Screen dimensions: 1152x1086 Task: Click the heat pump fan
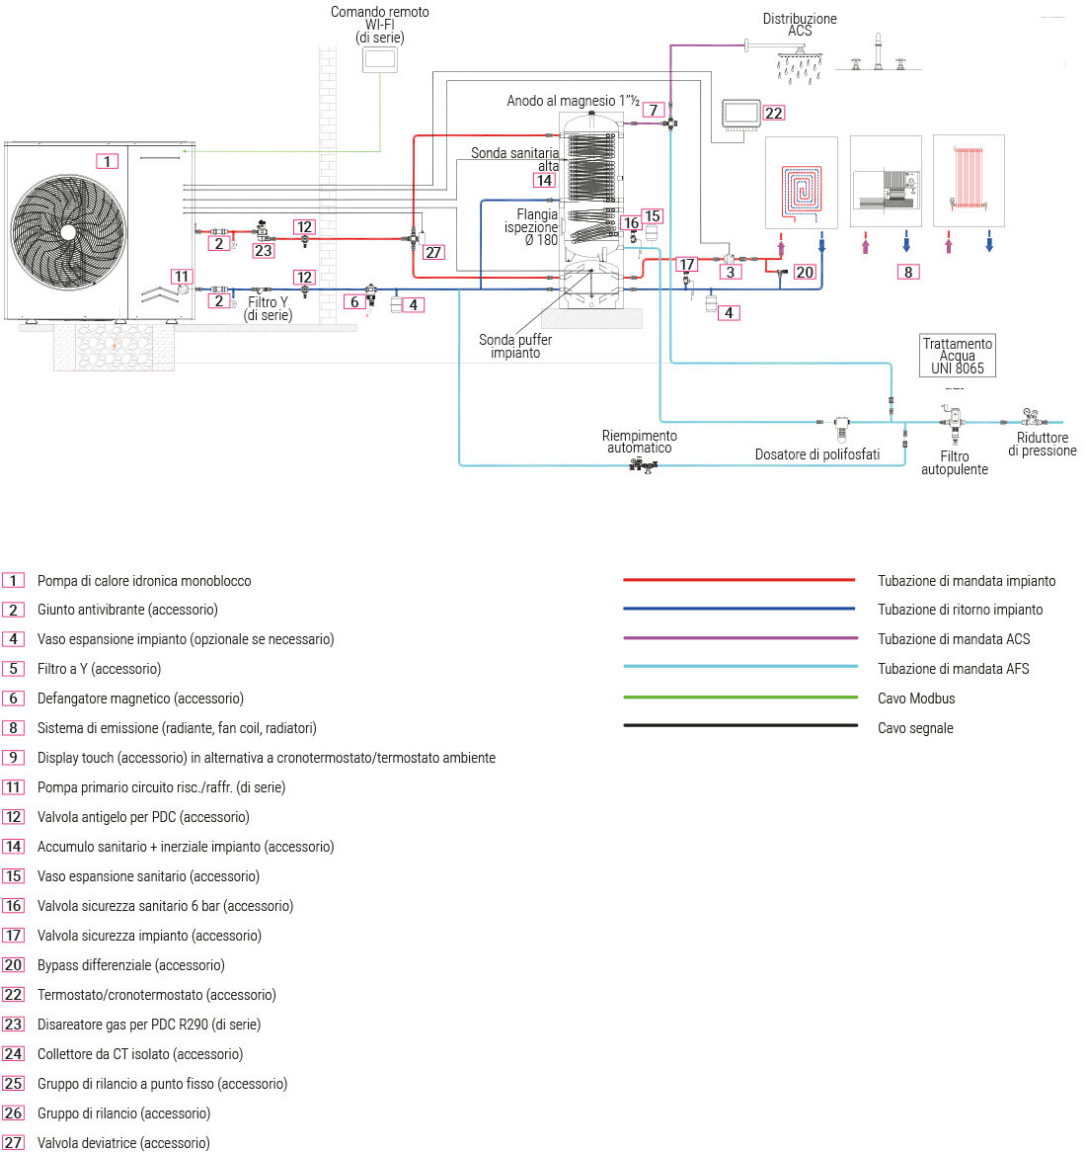pyautogui.click(x=68, y=232)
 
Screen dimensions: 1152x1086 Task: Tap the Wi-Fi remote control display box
pyautogui.click(x=380, y=58)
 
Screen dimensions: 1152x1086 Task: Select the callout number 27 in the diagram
pyautogui.click(x=433, y=252)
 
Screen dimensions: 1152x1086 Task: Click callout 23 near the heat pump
pyautogui.click(x=263, y=251)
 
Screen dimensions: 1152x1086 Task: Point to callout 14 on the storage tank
pyautogui.click(x=544, y=180)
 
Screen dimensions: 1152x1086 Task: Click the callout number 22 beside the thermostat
pyautogui.click(x=774, y=113)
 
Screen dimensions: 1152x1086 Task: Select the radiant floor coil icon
pyautogui.click(x=802, y=188)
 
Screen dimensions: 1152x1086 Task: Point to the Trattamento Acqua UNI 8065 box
pyautogui.click(x=957, y=356)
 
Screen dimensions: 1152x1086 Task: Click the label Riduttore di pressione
pyautogui.click(x=1043, y=444)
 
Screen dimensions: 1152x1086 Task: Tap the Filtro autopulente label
pyautogui.click(x=955, y=462)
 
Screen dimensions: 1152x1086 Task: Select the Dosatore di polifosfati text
pyautogui.click(x=816, y=454)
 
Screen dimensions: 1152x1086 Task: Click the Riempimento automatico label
pyautogui.click(x=640, y=442)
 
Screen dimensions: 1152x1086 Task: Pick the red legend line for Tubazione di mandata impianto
pyautogui.click(x=739, y=580)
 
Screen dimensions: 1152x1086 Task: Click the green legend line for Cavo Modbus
pyautogui.click(x=739, y=698)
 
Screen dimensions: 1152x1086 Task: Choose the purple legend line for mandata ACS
pyautogui.click(x=739, y=638)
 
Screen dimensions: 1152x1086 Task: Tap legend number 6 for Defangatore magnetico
pyautogui.click(x=13, y=699)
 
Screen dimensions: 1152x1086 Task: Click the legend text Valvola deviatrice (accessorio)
pyautogui.click(x=123, y=1143)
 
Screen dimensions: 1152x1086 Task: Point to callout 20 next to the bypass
pyautogui.click(x=805, y=272)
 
